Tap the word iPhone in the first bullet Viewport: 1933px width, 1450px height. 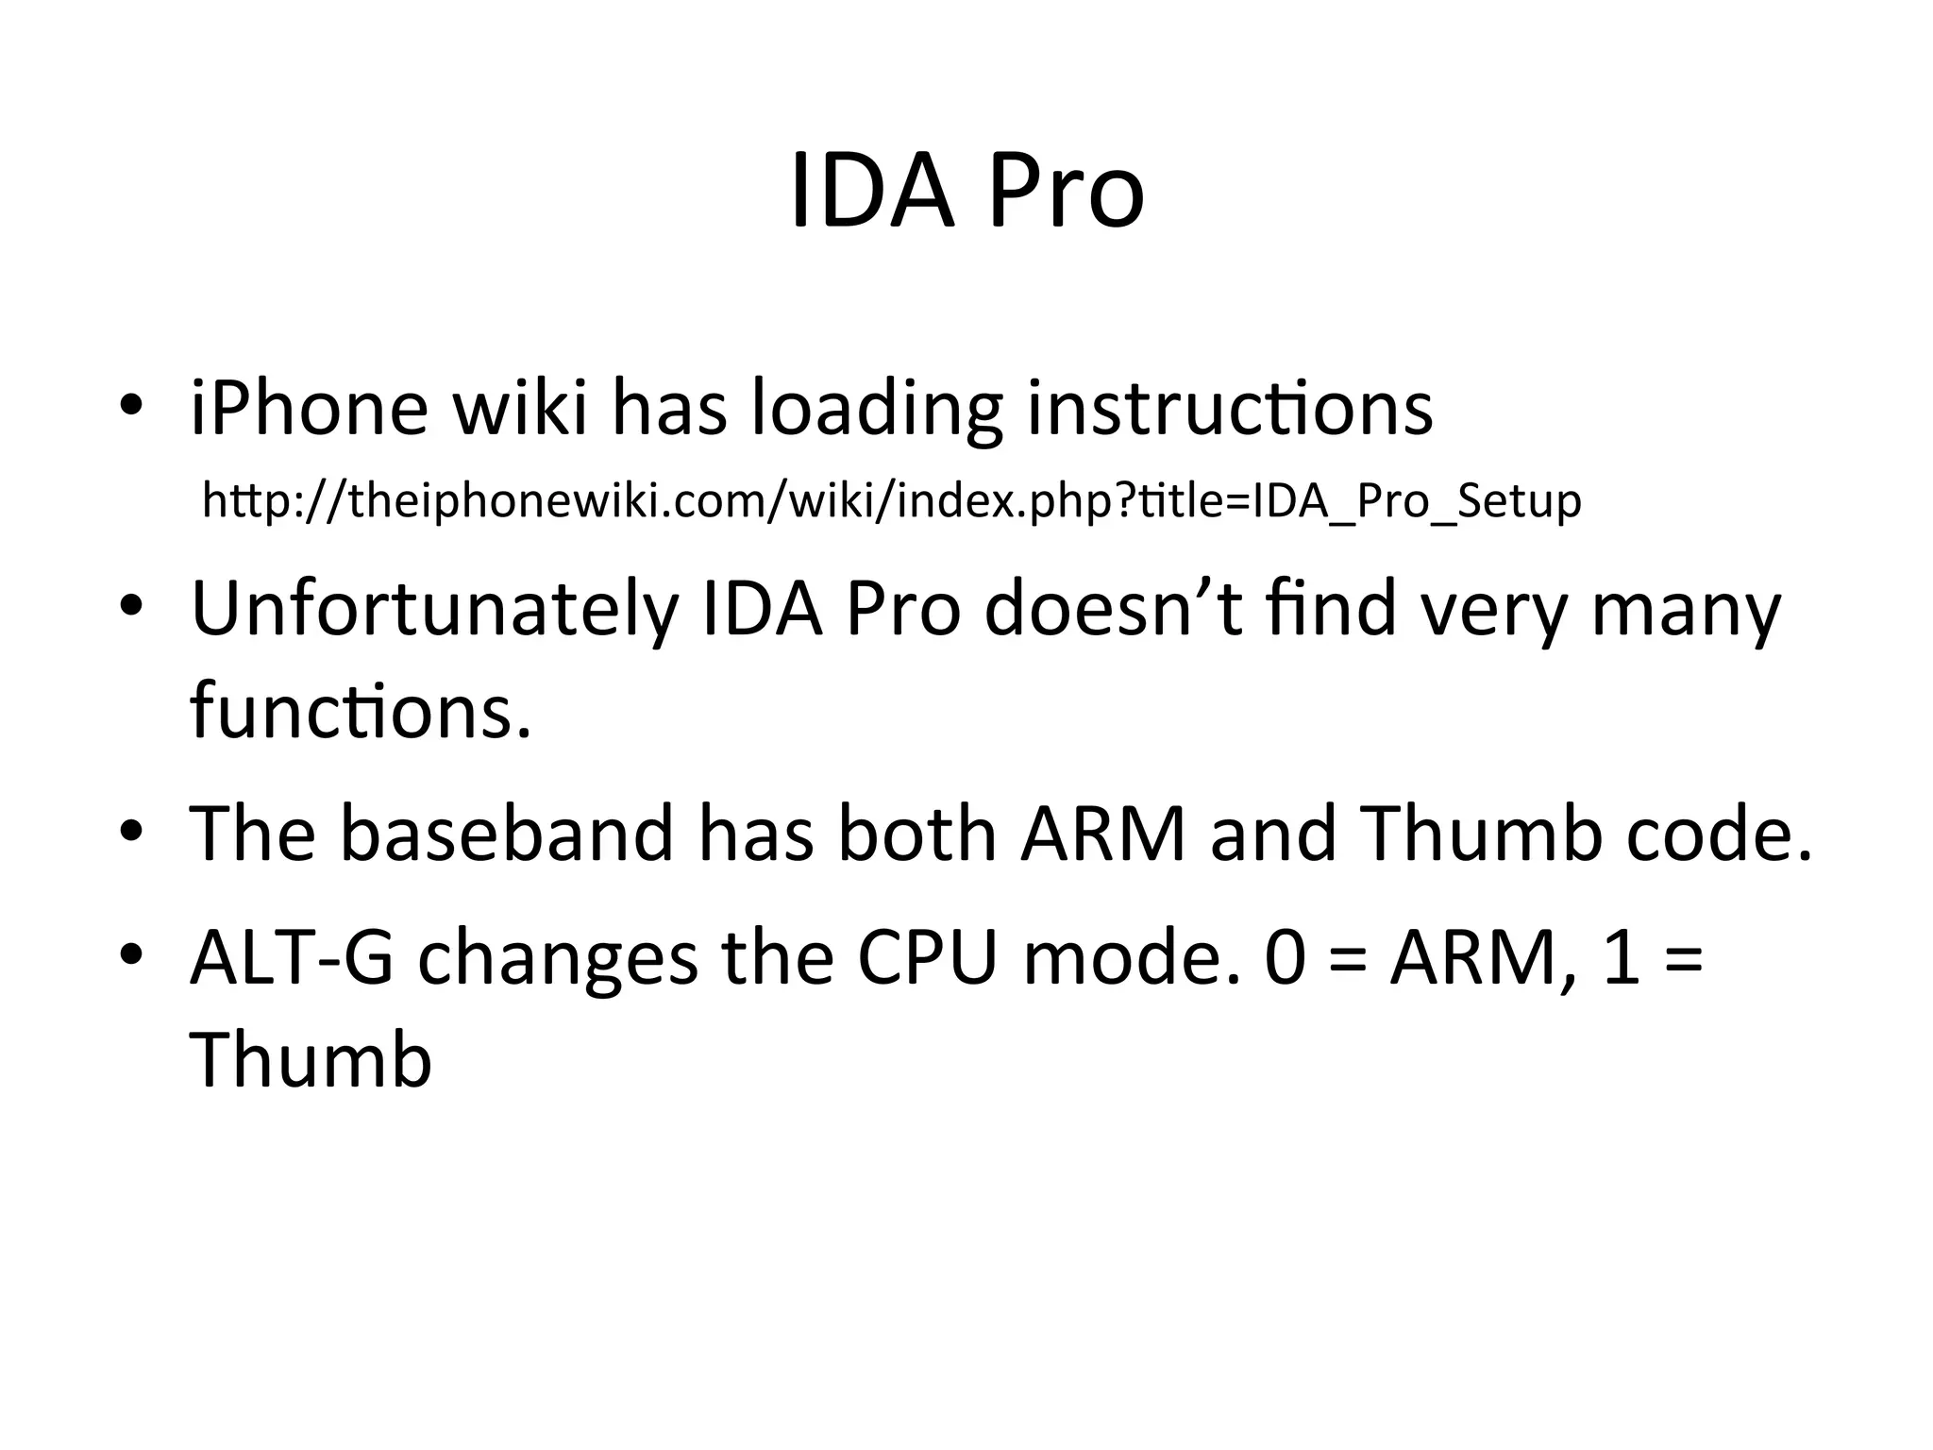pos(309,410)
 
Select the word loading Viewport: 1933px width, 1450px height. pos(875,410)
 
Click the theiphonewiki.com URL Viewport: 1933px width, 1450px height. pos(891,501)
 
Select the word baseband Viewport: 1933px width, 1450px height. pos(506,835)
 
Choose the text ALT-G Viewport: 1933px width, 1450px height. pos(292,958)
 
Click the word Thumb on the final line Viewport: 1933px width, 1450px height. pos(311,1060)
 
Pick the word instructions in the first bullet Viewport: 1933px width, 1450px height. pos(1229,410)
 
